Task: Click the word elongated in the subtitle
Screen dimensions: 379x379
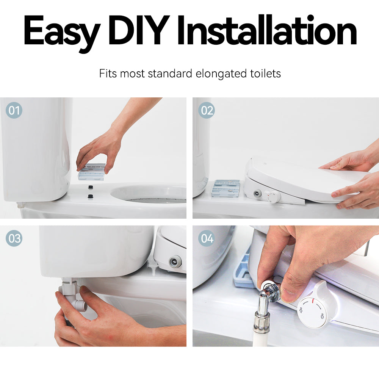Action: coord(221,74)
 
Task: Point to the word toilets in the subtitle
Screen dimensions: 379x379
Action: coord(265,73)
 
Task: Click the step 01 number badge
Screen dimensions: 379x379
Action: coord(14,110)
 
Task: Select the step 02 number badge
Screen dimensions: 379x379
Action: coord(207,110)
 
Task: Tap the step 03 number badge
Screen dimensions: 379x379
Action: coord(14,238)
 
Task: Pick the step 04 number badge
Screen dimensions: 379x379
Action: coord(207,238)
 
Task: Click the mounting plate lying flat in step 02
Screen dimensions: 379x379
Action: coord(226,188)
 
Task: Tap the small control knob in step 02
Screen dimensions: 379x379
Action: coord(273,196)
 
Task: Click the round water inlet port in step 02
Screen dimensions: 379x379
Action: coord(256,193)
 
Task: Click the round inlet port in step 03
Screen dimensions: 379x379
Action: coord(175,262)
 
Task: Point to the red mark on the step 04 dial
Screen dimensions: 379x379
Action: coord(313,301)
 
